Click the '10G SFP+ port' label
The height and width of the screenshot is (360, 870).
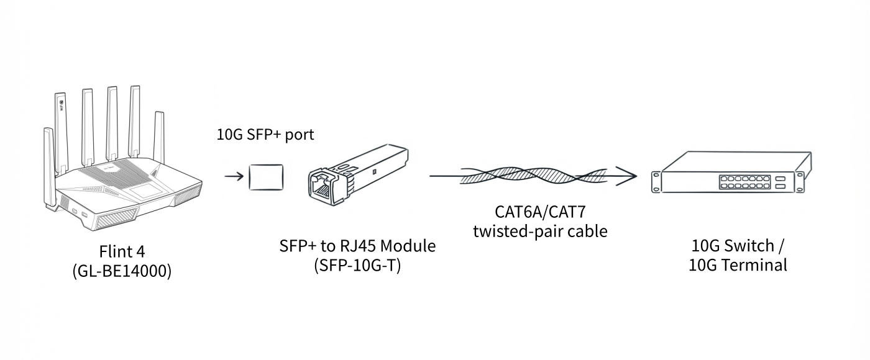pyautogui.click(x=265, y=135)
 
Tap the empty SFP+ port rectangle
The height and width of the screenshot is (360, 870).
pyautogui.click(x=266, y=178)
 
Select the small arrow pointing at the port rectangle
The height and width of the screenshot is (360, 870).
pyautogui.click(x=234, y=176)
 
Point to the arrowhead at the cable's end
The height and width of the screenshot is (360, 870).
pyautogui.click(x=626, y=176)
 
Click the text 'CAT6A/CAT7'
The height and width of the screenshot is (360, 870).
pyautogui.click(x=540, y=212)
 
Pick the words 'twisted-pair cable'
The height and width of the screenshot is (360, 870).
pyautogui.click(x=540, y=231)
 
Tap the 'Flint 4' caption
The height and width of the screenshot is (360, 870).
pyautogui.click(x=122, y=251)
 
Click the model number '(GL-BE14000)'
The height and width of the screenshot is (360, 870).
pyautogui.click(x=122, y=271)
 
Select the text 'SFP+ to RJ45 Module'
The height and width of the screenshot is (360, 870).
pyautogui.click(x=357, y=246)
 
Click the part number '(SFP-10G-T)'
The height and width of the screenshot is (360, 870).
pyautogui.click(x=357, y=266)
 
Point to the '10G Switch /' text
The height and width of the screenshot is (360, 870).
pyautogui.click(x=738, y=246)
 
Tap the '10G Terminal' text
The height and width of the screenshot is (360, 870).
pyautogui.click(x=738, y=266)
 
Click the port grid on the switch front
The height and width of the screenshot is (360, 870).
pyautogui.click(x=744, y=182)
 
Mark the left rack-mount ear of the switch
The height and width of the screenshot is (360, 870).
pyautogui.click(x=656, y=182)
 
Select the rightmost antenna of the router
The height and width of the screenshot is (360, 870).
pyautogui.click(x=159, y=137)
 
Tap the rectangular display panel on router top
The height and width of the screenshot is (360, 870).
pyautogui.click(x=142, y=192)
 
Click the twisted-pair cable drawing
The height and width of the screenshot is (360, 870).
pyautogui.click(x=533, y=176)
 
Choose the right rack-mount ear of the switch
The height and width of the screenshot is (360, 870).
pyautogui.click(x=800, y=181)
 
